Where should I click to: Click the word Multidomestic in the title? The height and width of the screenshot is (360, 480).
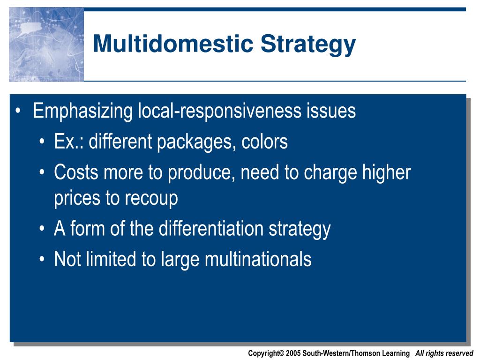pyautogui.click(x=173, y=44)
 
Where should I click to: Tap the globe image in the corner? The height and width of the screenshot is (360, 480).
pyautogui.click(x=46, y=45)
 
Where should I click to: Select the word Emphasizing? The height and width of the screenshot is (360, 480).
pyautogui.click(x=82, y=112)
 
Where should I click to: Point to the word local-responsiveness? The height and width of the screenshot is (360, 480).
pyautogui.click(x=220, y=112)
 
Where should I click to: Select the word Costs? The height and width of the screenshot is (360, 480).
pyautogui.click(x=76, y=172)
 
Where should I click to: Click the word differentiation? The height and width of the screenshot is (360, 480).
pyautogui.click(x=211, y=229)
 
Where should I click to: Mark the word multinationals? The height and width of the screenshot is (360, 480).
pyautogui.click(x=258, y=259)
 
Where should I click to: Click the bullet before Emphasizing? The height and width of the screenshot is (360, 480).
pyautogui.click(x=18, y=111)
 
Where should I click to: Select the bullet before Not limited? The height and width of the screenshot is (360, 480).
pyautogui.click(x=42, y=259)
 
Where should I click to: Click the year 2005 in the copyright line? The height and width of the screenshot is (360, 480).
pyautogui.click(x=293, y=353)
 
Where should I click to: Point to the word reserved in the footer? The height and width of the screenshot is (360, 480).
pyautogui.click(x=460, y=353)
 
